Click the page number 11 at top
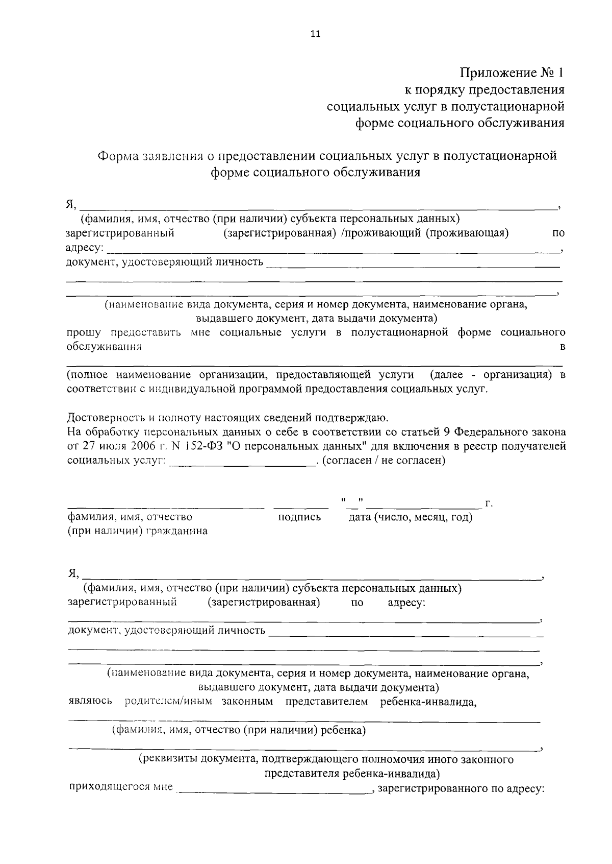click(x=315, y=34)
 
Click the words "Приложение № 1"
click(x=512, y=73)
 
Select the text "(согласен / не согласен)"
click(x=385, y=460)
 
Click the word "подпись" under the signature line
click(x=300, y=517)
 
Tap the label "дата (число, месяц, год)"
click(x=410, y=517)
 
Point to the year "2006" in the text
click(x=135, y=446)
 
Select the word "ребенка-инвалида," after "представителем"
click(x=428, y=702)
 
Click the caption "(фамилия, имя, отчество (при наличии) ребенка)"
click(x=239, y=730)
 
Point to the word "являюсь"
click(x=90, y=702)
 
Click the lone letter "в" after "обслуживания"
click(x=563, y=347)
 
